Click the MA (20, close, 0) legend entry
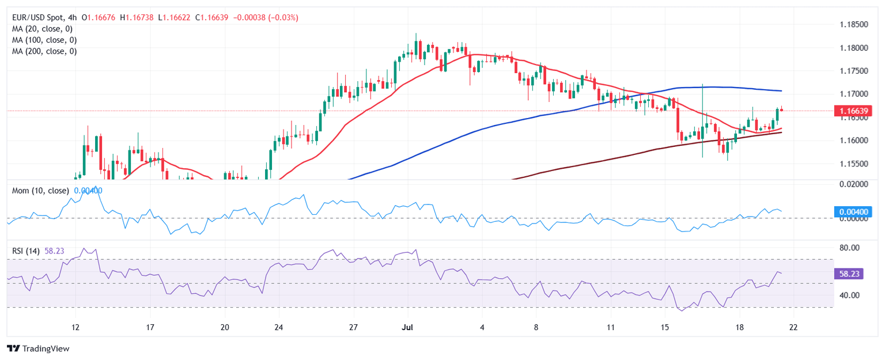[x=44, y=29]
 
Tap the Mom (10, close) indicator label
[x=40, y=191]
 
